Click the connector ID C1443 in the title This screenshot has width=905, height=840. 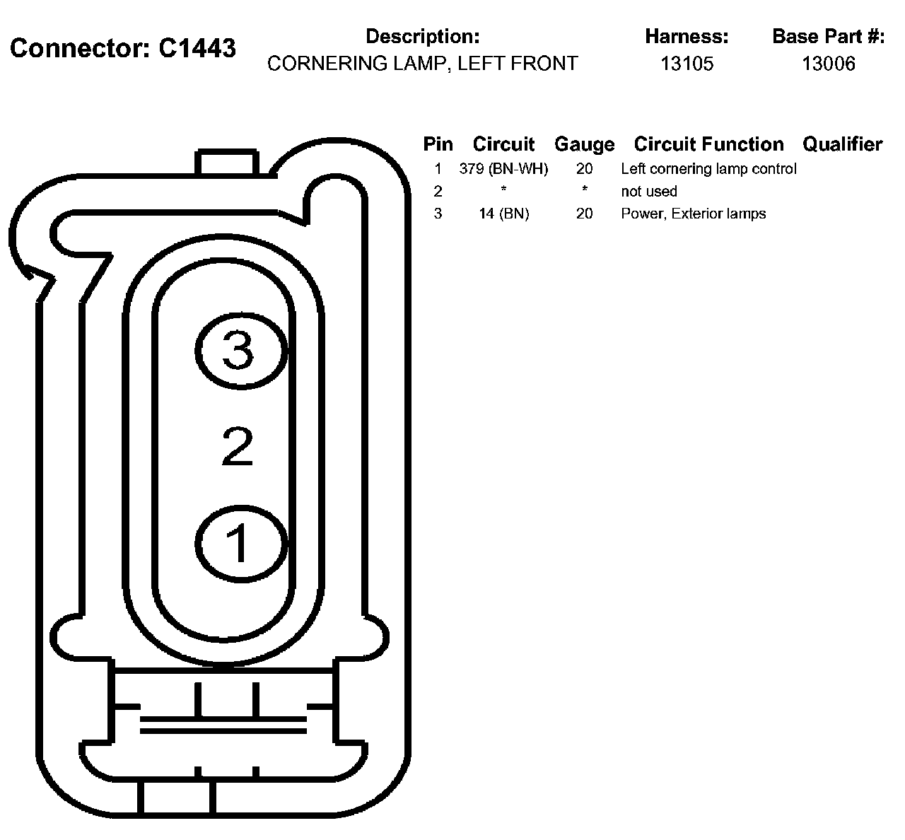[x=197, y=48]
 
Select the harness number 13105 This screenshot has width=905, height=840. [x=687, y=64]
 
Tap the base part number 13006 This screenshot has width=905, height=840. [x=829, y=64]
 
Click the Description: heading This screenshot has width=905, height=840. [x=422, y=37]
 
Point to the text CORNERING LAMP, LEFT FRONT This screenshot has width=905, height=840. [x=422, y=64]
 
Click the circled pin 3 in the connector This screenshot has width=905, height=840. [x=241, y=351]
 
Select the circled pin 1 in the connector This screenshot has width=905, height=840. [x=241, y=544]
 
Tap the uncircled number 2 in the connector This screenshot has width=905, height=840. [x=238, y=446]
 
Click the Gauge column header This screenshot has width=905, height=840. [x=584, y=144]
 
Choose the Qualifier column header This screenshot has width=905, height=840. [x=842, y=144]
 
